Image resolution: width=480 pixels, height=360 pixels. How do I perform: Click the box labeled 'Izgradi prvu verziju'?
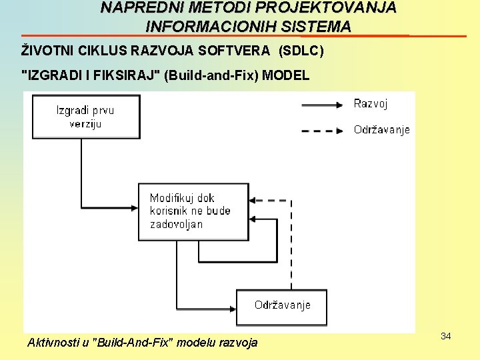pyautogui.click(x=86, y=117)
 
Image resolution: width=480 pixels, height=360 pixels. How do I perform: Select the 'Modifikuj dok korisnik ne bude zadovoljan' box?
pyautogui.click(x=193, y=211)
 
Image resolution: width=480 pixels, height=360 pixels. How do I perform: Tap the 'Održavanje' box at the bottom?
pyautogui.click(x=282, y=306)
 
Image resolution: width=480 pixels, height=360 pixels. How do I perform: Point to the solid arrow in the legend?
pyautogui.click(x=323, y=105)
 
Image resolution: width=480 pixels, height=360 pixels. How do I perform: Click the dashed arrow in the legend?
pyautogui.click(x=323, y=131)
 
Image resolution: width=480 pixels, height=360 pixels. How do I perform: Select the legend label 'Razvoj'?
pyautogui.click(x=370, y=104)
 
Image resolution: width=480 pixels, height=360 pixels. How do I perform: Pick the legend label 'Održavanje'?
pyautogui.click(x=381, y=130)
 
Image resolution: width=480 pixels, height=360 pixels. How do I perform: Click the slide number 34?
pyautogui.click(x=446, y=336)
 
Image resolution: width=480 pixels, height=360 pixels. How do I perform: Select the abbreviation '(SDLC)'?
pyautogui.click(x=301, y=51)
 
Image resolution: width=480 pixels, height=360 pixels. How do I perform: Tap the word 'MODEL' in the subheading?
pyautogui.click(x=286, y=75)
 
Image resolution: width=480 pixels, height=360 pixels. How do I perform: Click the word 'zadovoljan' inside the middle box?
pyautogui.click(x=176, y=224)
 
